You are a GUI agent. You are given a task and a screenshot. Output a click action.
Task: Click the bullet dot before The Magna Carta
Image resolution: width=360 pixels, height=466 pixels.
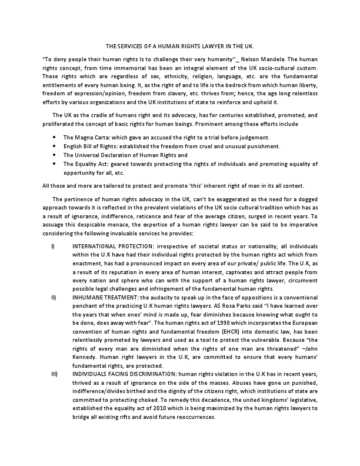[x=55, y=137]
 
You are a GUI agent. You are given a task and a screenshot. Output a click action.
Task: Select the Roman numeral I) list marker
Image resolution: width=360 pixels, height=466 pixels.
[x=54, y=228]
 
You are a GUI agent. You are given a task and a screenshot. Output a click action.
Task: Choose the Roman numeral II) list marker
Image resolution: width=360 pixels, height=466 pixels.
[x=54, y=298]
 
